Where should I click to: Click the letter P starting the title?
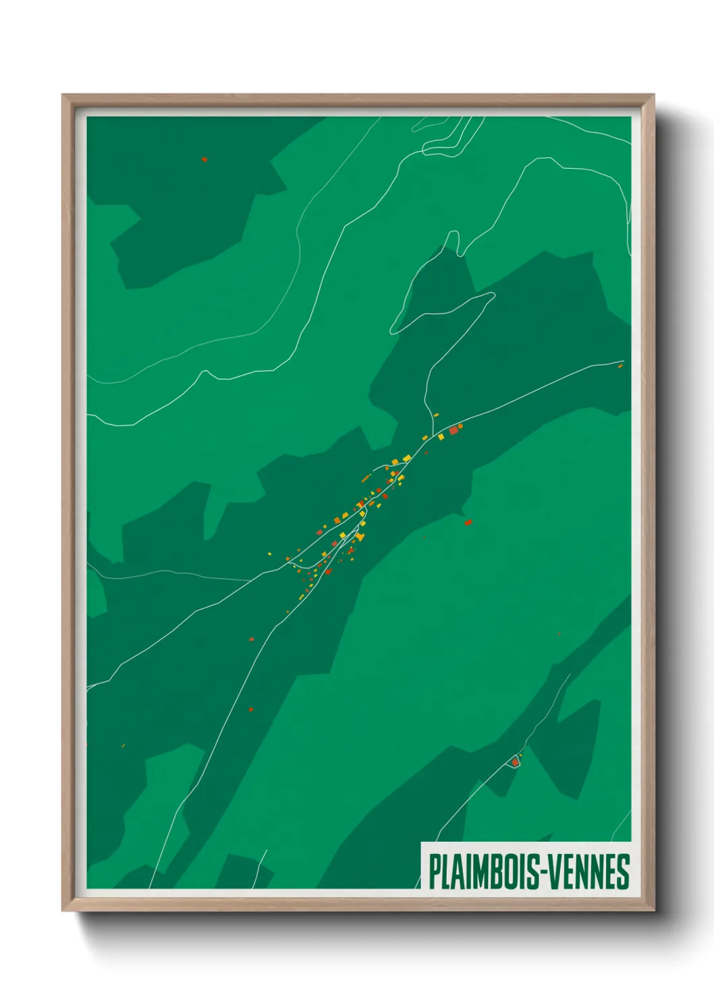(434, 871)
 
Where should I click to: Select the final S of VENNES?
(625, 871)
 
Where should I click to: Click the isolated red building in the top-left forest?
(204, 160)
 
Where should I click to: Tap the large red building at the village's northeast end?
(454, 430)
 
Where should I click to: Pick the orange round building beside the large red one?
(460, 426)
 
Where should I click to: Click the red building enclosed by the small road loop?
(515, 762)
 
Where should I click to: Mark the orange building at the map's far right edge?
(620, 366)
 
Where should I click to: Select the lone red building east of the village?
(468, 522)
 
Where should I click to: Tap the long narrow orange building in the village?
(366, 478)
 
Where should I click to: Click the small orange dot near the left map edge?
(123, 746)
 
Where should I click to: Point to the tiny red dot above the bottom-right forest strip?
(559, 634)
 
